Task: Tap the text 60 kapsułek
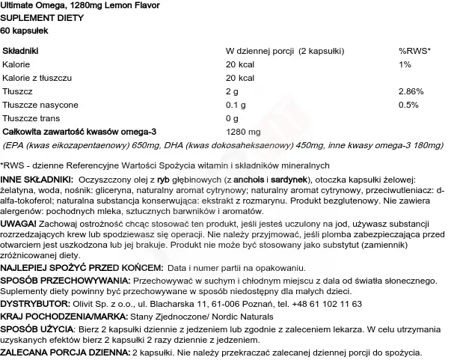tap(27, 30)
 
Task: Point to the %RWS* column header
tap(414, 50)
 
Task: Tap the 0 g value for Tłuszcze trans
tap(232, 118)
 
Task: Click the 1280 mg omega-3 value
tap(242, 131)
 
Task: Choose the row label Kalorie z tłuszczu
tap(37, 77)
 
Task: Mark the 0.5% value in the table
tap(408, 104)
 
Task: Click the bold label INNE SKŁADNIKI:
tap(37, 180)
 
